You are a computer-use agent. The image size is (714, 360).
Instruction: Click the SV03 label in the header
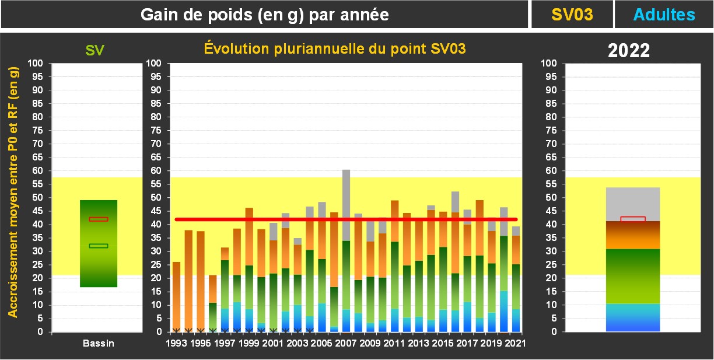click(572, 15)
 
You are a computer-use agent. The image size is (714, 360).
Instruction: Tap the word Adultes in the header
click(664, 15)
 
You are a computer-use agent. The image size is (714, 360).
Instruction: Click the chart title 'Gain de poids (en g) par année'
click(265, 15)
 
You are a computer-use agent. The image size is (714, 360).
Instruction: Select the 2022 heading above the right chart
click(629, 51)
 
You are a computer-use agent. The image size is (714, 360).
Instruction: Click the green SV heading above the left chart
click(94, 50)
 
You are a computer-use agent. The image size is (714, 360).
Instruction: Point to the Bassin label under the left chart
click(98, 343)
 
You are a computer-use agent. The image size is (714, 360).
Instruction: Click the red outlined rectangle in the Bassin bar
click(99, 219)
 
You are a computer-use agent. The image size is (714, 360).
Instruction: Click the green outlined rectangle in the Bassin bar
click(99, 246)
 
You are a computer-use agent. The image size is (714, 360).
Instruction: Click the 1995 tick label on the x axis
click(201, 343)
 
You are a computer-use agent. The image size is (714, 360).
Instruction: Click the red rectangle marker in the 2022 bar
click(633, 219)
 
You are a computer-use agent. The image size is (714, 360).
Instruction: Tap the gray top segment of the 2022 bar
click(633, 204)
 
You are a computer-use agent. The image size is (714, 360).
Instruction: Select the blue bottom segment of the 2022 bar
click(633, 318)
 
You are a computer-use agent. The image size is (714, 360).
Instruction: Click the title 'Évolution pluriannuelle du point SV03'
click(334, 49)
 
